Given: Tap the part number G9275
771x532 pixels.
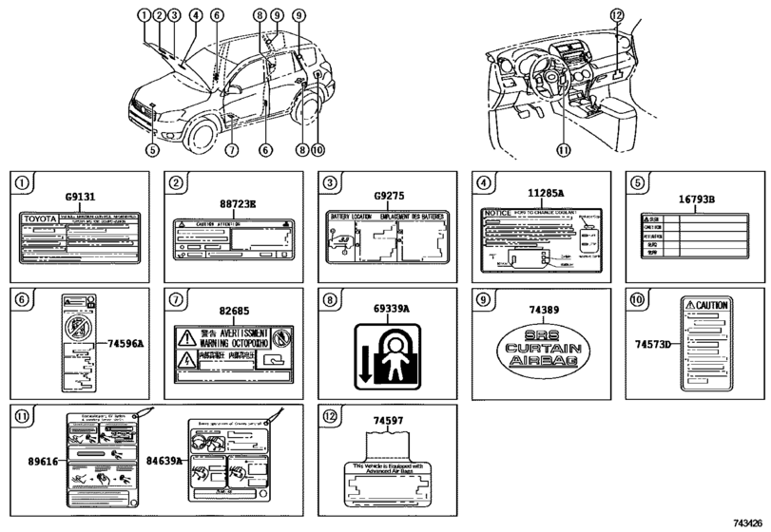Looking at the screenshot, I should [387, 197].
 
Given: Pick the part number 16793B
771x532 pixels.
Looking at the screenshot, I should [697, 200].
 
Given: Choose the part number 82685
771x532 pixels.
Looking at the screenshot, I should [233, 311].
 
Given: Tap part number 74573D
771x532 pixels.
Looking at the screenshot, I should [654, 343].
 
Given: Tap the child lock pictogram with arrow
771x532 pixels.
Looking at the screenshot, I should [386, 351].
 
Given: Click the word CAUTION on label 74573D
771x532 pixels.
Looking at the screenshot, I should [712, 306].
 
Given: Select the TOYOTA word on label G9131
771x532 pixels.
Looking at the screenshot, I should [40, 218].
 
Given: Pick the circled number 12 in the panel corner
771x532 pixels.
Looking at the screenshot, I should [325, 414].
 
